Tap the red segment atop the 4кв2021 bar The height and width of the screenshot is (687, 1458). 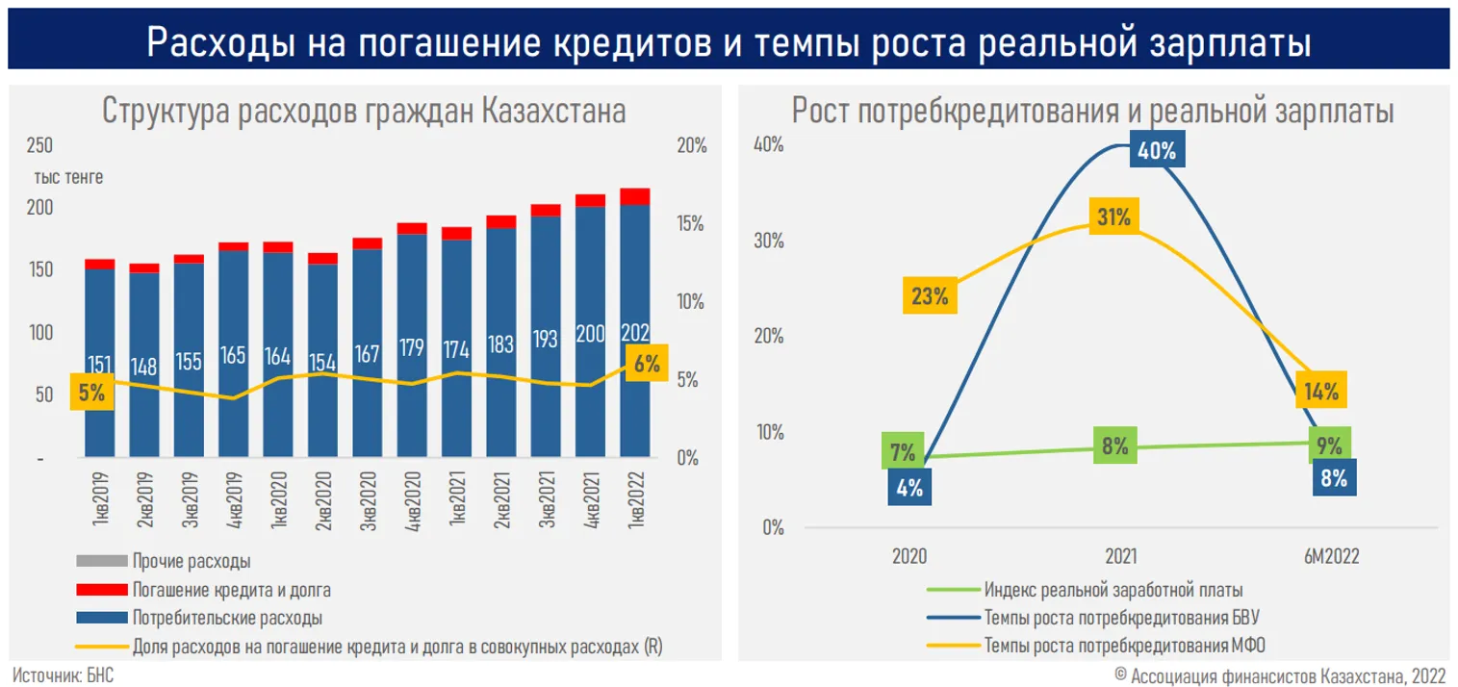590,200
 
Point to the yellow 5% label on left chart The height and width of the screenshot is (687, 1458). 92,392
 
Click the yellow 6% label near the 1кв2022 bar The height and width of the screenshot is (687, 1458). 647,364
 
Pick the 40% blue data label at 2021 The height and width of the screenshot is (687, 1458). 1155,151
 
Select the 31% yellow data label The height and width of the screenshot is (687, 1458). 1113,217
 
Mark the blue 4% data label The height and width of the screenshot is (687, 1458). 909,487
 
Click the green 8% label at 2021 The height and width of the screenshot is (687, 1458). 1115,446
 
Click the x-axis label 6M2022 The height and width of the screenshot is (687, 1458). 1332,556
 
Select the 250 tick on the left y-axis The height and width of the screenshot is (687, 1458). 41,145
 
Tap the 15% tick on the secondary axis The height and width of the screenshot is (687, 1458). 692,223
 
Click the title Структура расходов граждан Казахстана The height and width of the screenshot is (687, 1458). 364,112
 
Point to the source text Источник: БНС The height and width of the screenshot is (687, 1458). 64,674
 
